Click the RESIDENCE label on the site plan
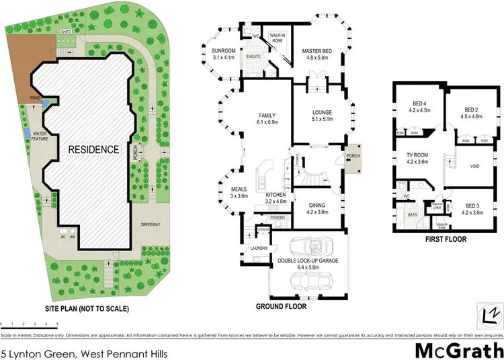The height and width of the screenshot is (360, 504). pos(93,149)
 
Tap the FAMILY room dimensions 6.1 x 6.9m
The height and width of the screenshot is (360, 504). pos(263,122)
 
